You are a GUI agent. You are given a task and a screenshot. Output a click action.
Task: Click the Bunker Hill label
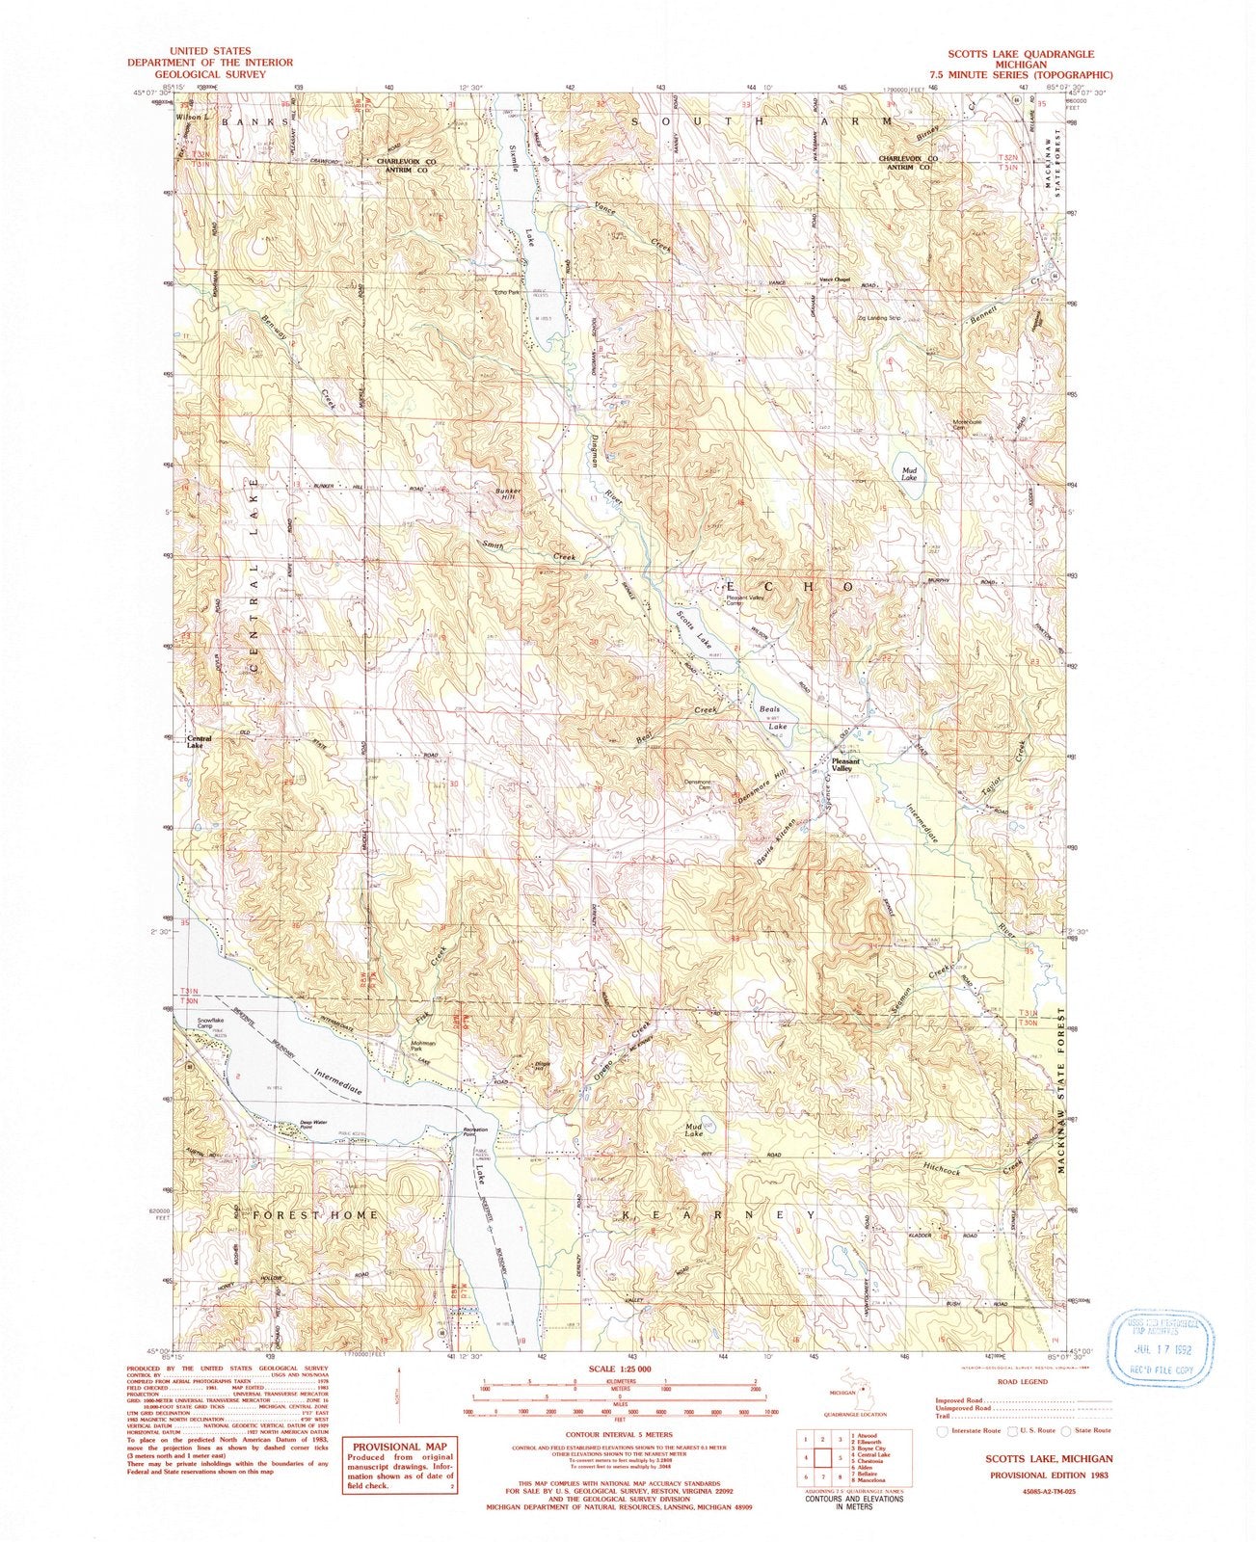507,493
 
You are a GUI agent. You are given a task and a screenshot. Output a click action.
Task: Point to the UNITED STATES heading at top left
210,49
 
